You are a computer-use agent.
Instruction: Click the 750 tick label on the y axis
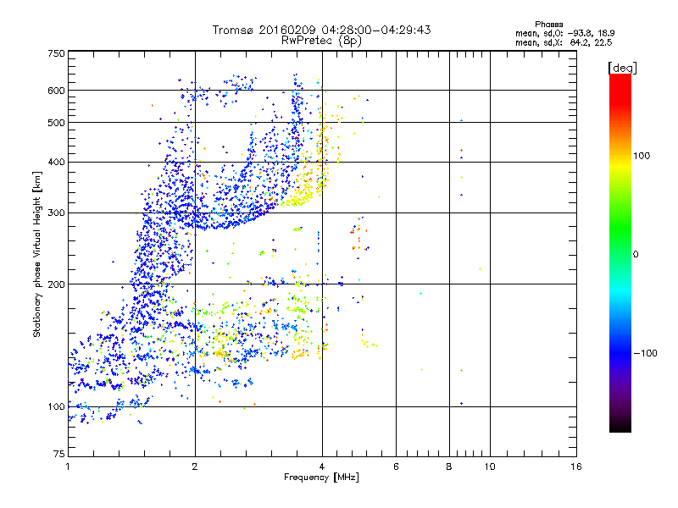[x=56, y=53]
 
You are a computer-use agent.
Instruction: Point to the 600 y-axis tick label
[x=56, y=91]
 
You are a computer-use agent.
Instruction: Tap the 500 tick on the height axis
[x=56, y=123]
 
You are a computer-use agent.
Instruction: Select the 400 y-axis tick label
[x=56, y=163]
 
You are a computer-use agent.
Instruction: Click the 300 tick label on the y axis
[x=56, y=213]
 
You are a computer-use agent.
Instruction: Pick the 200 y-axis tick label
[x=56, y=284]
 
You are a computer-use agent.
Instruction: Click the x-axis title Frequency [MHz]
[x=321, y=478]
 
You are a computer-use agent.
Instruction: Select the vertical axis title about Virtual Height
[x=37, y=254]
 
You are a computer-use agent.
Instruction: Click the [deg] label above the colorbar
[x=622, y=67]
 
